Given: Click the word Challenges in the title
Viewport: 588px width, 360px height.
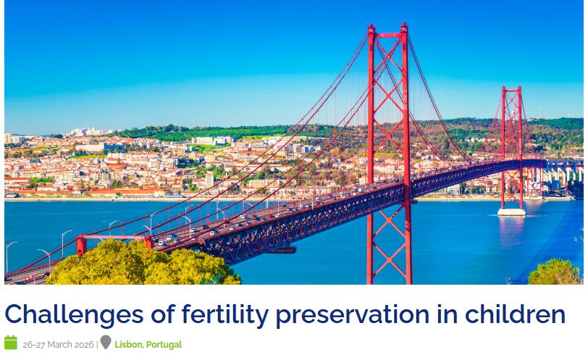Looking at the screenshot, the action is coord(75,314).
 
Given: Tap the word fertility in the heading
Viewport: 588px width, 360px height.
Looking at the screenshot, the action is coord(225,314).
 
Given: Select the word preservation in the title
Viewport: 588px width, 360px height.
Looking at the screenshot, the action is coord(353,314).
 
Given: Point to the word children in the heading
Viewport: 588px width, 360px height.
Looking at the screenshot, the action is coord(516,314).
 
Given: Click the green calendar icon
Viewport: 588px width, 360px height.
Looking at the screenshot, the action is coord(11,343).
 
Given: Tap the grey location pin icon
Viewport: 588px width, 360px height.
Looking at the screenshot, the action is coord(106,342).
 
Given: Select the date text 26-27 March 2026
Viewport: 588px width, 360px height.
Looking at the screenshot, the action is coord(58,345).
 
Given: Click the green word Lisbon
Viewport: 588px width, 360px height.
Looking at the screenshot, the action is coord(129,345).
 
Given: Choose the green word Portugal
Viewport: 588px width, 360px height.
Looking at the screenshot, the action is coord(164,345).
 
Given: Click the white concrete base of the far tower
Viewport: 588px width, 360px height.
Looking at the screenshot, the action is coord(511,212).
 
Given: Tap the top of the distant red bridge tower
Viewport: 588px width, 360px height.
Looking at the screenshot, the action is coord(511,89).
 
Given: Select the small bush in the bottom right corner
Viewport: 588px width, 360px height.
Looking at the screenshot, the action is coord(555,272).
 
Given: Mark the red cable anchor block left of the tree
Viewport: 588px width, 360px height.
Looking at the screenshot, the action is coord(81,246).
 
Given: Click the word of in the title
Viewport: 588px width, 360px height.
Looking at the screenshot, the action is coord(163,314).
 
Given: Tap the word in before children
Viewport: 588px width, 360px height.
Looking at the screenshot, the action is coord(447,314).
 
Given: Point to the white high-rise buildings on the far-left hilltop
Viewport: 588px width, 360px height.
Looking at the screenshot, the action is coord(87,132).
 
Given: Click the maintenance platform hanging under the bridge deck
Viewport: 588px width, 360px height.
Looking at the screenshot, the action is coord(281,249).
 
